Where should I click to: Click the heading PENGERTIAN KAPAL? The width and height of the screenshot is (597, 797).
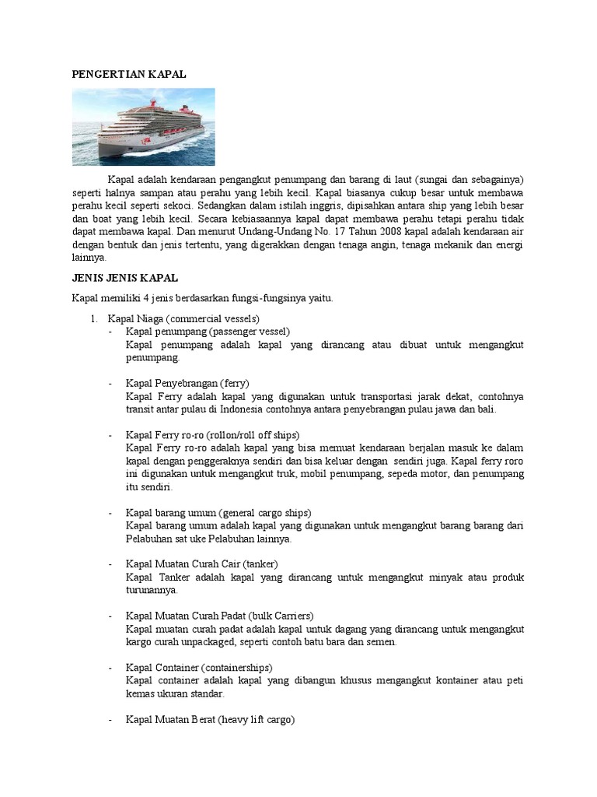tap(130, 73)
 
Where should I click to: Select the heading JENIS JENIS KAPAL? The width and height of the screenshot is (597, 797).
tap(125, 278)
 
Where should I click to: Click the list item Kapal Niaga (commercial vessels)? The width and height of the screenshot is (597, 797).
tap(183, 319)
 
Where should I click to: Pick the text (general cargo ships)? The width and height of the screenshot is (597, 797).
tap(265, 512)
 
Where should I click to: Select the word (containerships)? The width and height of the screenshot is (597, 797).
tap(237, 667)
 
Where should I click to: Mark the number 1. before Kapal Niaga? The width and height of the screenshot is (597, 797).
tap(94, 319)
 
